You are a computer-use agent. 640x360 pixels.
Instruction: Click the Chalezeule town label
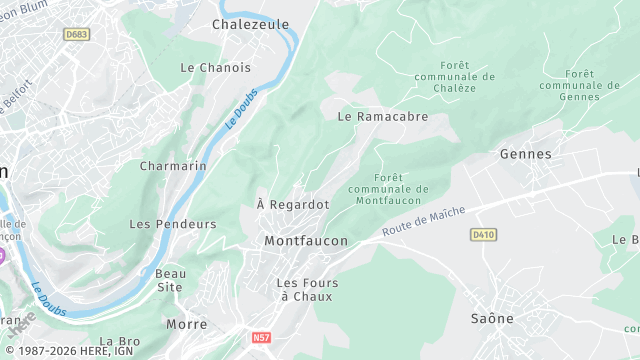250,24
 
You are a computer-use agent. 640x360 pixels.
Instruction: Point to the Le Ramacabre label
383,116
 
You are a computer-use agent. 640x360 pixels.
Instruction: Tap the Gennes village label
525,154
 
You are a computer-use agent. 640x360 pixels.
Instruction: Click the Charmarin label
173,165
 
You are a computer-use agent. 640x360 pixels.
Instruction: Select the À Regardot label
293,204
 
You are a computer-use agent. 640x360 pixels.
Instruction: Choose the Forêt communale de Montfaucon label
388,189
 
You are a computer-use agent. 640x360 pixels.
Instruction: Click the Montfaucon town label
306,241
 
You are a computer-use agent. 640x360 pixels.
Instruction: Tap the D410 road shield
483,234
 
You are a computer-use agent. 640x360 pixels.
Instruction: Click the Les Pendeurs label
172,224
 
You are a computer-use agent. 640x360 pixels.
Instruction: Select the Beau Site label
169,280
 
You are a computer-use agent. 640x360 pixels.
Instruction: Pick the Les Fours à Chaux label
307,289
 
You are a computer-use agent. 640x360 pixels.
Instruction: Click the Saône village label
492,318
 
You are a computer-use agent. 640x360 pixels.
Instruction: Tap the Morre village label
187,324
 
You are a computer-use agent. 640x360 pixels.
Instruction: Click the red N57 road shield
262,338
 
